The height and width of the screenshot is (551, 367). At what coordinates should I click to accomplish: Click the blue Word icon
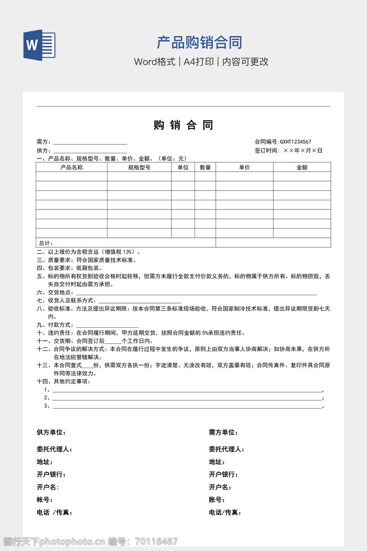pyautogui.click(x=39, y=45)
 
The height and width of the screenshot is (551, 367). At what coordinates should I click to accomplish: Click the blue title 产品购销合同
pyautogui.click(x=199, y=42)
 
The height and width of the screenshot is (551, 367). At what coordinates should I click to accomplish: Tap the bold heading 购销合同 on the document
pyautogui.click(x=183, y=125)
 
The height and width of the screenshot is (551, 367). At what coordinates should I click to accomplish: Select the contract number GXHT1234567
pyautogui.click(x=296, y=142)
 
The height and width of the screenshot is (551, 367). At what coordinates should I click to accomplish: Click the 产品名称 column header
pyautogui.click(x=72, y=167)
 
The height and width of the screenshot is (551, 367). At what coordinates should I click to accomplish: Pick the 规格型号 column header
pyautogui.click(x=139, y=167)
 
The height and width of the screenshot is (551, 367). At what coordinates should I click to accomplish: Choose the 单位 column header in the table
pyautogui.click(x=183, y=167)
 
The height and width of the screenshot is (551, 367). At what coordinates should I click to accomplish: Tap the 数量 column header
pyautogui.click(x=205, y=167)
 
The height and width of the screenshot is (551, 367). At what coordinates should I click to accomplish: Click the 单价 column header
pyautogui.click(x=244, y=167)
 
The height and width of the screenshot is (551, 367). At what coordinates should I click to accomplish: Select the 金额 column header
pyautogui.click(x=302, y=167)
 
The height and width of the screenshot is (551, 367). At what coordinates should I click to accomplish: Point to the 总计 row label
pyautogui.click(x=46, y=243)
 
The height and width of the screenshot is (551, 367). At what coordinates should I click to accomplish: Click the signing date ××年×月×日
pyautogui.click(x=303, y=151)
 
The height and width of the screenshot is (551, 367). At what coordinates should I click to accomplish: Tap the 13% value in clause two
pyautogui.click(x=127, y=252)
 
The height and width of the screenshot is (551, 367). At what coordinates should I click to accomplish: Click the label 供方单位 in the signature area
pyautogui.click(x=51, y=432)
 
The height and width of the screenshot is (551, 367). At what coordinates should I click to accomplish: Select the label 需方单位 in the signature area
pyautogui.click(x=223, y=432)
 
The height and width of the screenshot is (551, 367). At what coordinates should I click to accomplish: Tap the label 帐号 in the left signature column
pyautogui.click(x=45, y=500)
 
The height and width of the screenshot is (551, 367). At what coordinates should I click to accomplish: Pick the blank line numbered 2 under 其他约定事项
pyautogui.click(x=187, y=399)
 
